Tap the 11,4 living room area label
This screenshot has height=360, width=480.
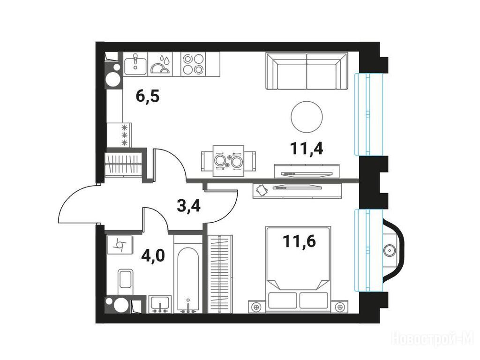click(307, 149)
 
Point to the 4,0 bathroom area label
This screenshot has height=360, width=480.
click(153, 255)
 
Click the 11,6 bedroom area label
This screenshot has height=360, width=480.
click(300, 241)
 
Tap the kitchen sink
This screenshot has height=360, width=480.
click(135, 64)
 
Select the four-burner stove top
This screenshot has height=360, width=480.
click(193, 64)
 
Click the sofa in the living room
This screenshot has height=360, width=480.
click(307, 71)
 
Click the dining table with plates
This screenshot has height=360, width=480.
click(228, 161)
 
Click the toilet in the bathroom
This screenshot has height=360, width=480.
click(126, 280)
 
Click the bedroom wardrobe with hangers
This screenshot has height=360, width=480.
click(220, 274)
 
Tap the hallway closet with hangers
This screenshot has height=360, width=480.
click(123, 165)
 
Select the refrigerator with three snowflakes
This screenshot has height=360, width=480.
click(119, 135)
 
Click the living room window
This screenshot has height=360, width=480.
click(368, 114)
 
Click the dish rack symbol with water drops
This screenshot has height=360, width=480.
click(160, 64)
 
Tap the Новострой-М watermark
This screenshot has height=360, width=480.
click(433, 339)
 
